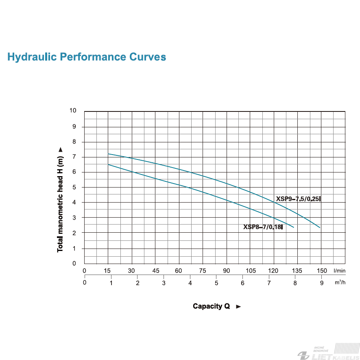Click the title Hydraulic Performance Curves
[x=87, y=57]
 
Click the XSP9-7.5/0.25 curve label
[x=298, y=199]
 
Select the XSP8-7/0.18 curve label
[x=263, y=227]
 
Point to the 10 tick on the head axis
[x=73, y=110]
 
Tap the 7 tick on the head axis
[x=74, y=157]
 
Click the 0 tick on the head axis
[x=74, y=263]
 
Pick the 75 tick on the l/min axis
[x=203, y=271]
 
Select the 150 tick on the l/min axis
[x=322, y=271]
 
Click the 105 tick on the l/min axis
[x=251, y=271]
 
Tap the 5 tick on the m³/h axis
[x=216, y=283]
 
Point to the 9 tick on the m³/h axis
[x=322, y=283]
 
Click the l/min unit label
[x=339, y=271]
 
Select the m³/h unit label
[x=340, y=282]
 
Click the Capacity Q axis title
[x=211, y=306]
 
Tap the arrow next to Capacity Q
[x=238, y=306]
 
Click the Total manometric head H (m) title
[x=60, y=204]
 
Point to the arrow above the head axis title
[x=60, y=150]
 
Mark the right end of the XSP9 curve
[x=320, y=227]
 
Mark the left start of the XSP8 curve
[x=108, y=165]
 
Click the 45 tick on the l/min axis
[x=156, y=271]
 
